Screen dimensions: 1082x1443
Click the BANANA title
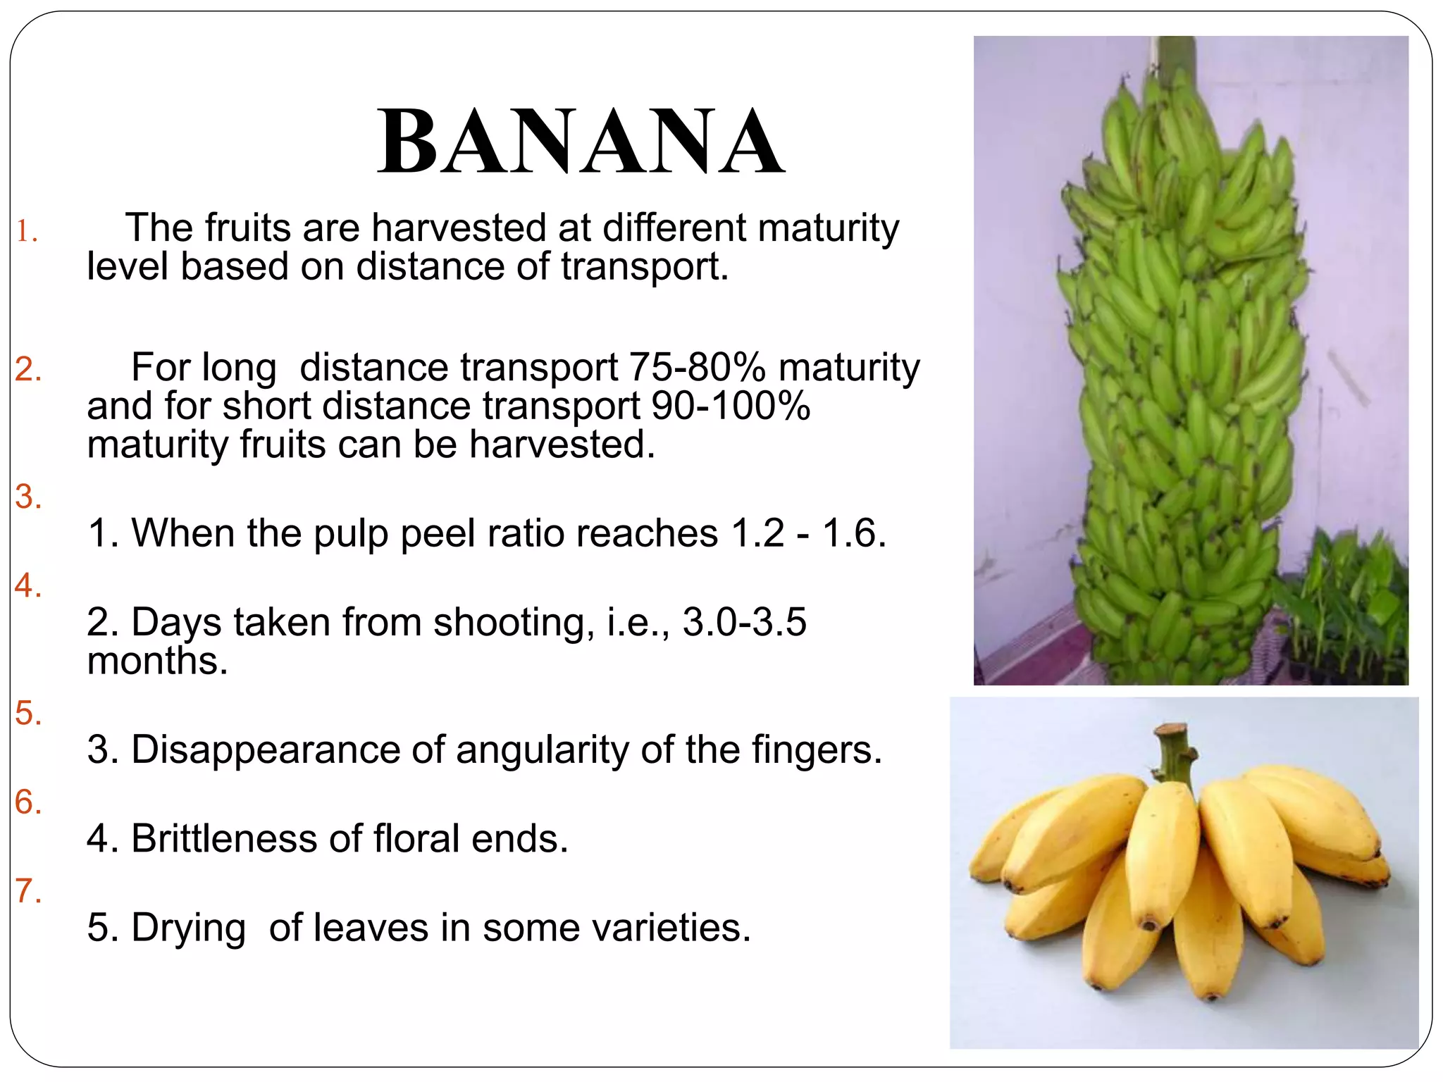[581, 142]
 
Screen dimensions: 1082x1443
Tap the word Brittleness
[224, 838]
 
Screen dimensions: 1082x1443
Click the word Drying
[188, 928]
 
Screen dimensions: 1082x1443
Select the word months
[157, 661]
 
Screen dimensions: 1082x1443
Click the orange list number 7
[28, 891]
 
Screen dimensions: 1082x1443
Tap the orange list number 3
[28, 497]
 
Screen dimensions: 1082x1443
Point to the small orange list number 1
[27, 232]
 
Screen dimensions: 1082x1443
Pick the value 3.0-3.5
[744, 623]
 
